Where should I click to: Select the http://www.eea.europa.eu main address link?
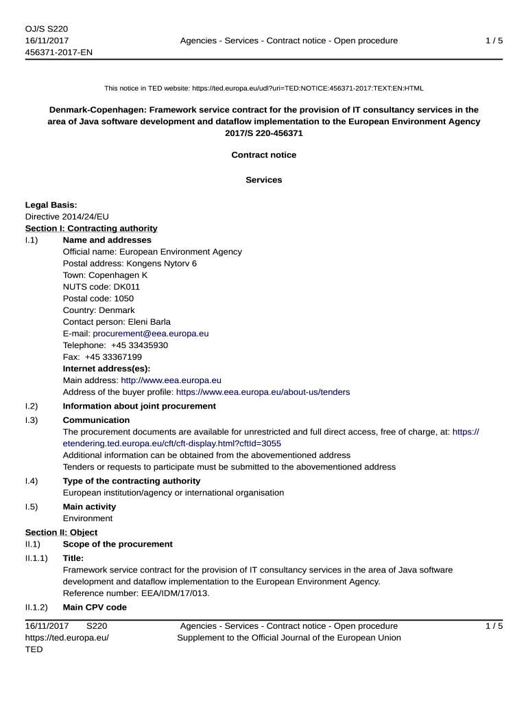[x=171, y=380]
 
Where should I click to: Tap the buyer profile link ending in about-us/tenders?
[x=263, y=392]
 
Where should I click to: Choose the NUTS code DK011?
[x=126, y=287]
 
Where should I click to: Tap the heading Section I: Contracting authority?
[x=91, y=229]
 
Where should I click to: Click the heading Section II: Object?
[x=61, y=533]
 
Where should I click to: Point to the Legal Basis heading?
[x=51, y=205]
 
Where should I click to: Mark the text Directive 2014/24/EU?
[x=67, y=217]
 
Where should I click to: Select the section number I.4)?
[x=32, y=481]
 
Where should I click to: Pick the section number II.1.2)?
[x=36, y=608]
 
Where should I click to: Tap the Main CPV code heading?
[x=95, y=608]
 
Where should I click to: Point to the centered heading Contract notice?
[x=264, y=155]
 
